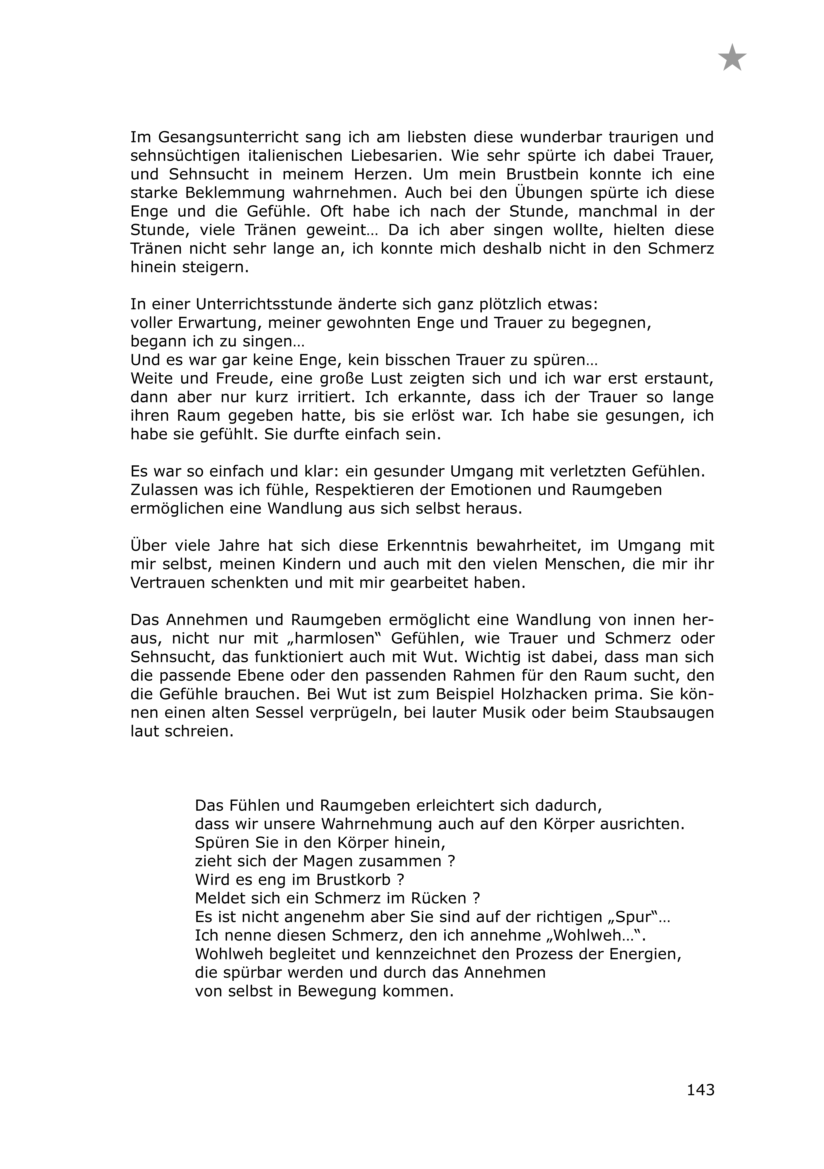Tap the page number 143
click(700, 1090)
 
